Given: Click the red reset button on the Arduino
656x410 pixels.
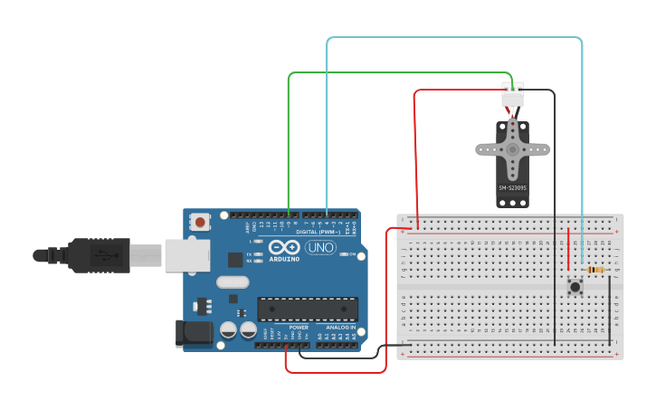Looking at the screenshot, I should coord(200,221).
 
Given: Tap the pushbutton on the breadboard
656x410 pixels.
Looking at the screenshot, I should coord(575,287).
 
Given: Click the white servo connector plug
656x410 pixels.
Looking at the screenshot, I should coord(513,93).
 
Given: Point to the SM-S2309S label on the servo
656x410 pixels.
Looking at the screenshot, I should coord(512,187).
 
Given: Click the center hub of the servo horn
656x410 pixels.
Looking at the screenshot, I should coord(512,148).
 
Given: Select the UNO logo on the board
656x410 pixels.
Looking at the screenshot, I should coord(318,247).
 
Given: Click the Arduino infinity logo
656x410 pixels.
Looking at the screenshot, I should coord(283,248).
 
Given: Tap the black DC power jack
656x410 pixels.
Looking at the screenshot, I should coord(194,333).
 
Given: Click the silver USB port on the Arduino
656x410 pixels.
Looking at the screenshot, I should coord(186,255).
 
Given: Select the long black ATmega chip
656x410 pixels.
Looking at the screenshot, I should coord(308,309).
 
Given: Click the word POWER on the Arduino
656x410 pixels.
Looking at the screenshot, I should coord(299,327).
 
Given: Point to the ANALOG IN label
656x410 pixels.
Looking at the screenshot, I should coord(340,327).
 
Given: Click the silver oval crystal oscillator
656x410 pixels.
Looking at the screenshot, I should coord(233,281).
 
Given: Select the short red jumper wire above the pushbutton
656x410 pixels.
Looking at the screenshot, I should coord(568,249).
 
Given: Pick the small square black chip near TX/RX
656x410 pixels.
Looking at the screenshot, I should coord(235,260).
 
